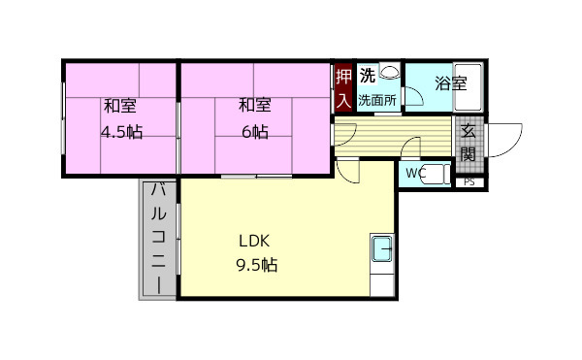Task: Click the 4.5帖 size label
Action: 122,132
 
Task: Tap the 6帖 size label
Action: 255,132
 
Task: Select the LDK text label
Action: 254,242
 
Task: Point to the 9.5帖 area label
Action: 256,265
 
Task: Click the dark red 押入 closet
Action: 343,88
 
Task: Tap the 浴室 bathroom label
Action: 451,83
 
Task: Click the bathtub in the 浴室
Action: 468,87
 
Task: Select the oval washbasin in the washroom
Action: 390,71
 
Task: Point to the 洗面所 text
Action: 377,100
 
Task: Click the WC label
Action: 415,173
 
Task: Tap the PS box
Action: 469,182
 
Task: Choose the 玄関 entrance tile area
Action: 469,145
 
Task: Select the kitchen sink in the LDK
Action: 382,248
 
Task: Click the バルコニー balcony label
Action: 159,239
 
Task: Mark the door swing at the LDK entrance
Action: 347,171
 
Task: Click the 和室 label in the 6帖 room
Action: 255,105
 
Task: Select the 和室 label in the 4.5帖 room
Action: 120,106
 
